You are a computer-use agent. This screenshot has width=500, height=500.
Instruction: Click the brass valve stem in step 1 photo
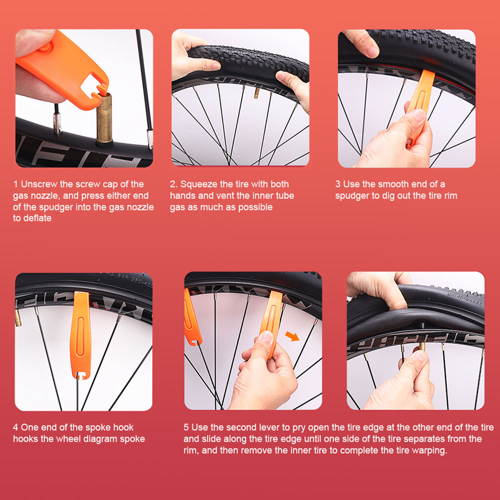tap(104, 118)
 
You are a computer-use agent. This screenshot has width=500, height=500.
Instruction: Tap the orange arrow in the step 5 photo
tap(292, 336)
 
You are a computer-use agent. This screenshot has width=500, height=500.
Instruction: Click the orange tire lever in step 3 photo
tap(419, 107)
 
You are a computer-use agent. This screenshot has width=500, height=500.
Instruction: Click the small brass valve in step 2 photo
tap(256, 93)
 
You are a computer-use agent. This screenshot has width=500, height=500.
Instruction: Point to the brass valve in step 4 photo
tap(18, 318)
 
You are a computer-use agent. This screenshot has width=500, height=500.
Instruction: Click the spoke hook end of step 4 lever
tap(80, 374)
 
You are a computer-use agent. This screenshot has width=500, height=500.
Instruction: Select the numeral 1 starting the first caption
tap(15, 184)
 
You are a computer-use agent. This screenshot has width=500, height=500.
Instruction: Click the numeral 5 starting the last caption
tap(186, 428)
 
